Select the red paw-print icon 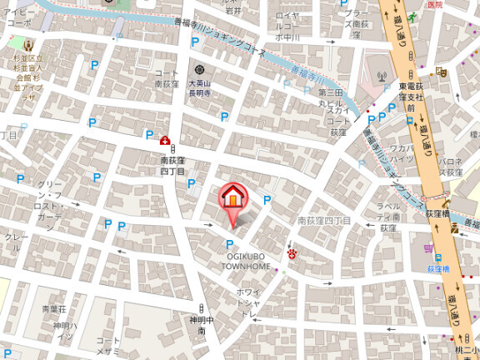tap(292, 252)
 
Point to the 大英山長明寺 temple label tap(200, 87)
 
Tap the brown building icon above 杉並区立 tap(28, 44)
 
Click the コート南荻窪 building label tap(167, 79)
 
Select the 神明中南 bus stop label tap(197, 325)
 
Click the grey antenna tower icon tap(382, 76)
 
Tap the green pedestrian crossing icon tap(412, 16)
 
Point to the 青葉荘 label tap(54, 309)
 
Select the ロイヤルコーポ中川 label tap(288, 27)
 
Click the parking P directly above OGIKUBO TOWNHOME tap(229, 243)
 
